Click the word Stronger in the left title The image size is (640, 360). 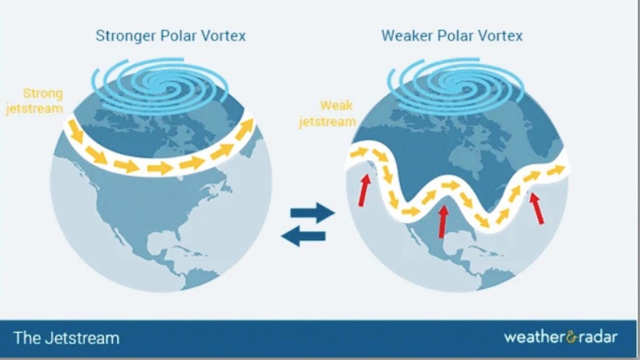pos(126,36)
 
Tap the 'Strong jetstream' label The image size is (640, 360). pos(35,101)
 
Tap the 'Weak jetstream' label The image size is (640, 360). pos(328,114)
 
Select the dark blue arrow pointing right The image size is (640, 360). pos(312,213)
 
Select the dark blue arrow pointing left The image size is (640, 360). pos(303,236)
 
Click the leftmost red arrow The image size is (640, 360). pos(364,190)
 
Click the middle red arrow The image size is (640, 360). pos(443,221)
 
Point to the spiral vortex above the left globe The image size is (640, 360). pos(160,85)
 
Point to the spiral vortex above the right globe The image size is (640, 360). pos(456,86)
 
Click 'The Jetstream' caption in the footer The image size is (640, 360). pos(66,338)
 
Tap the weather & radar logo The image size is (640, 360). pos(561,337)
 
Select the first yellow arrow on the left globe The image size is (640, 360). pos(76,132)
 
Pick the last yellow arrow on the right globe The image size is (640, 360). pos(556,170)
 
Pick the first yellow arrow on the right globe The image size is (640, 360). pos(358,153)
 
